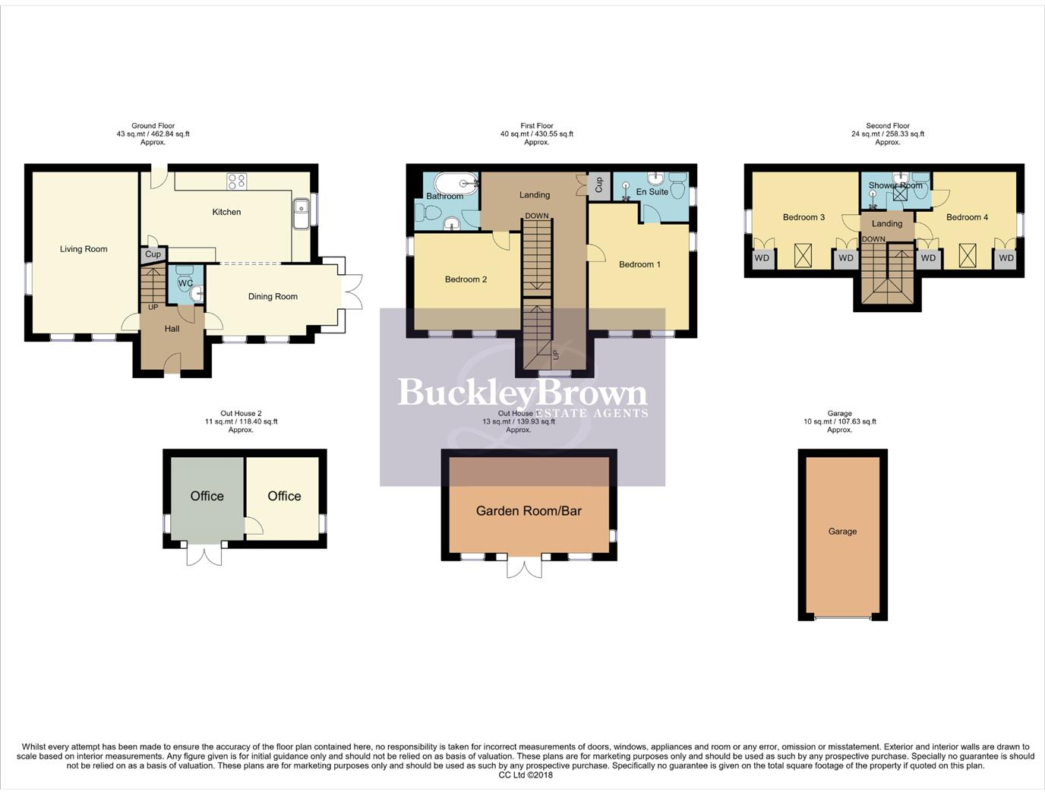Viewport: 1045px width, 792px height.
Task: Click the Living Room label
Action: [x=84, y=249]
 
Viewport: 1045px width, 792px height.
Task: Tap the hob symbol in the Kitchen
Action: [x=236, y=181]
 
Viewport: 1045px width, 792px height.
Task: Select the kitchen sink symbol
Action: [x=301, y=213]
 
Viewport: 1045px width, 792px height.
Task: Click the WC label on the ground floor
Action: [x=185, y=283]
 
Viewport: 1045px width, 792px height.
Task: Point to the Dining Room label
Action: [x=273, y=297]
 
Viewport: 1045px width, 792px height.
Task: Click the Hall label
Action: [x=172, y=329]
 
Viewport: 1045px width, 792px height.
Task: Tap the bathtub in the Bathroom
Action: [x=456, y=183]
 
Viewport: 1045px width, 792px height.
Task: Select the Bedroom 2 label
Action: [x=466, y=279]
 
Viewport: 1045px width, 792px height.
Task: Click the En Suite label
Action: [x=652, y=192]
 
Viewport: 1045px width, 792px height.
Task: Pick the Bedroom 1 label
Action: [x=639, y=264]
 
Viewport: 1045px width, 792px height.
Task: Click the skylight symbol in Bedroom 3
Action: [x=803, y=255]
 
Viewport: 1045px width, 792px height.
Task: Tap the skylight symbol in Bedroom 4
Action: [x=967, y=255]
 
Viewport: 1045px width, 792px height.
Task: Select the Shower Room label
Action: [x=895, y=185]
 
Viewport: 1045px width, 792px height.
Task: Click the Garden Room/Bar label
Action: [x=529, y=511]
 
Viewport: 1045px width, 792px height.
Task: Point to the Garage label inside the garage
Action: [x=842, y=532]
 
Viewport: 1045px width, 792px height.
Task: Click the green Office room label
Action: [x=207, y=496]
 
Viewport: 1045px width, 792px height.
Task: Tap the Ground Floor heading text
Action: [x=153, y=126]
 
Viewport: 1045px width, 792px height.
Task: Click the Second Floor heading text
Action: [x=887, y=126]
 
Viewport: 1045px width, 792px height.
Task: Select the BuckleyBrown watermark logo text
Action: [x=522, y=393]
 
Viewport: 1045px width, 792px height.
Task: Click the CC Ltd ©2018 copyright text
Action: [x=526, y=775]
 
